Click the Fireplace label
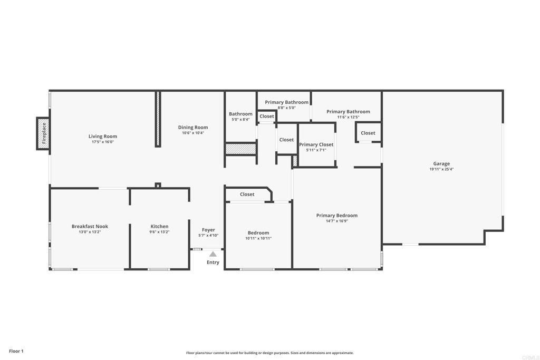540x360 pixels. [44, 133]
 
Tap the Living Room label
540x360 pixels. [103, 137]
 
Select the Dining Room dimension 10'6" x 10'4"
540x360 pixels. [193, 133]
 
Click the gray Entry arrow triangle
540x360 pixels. [213, 254]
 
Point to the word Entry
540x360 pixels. [213, 262]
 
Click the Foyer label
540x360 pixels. [208, 230]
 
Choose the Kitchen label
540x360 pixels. [159, 226]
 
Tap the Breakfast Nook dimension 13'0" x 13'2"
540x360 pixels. [90, 232]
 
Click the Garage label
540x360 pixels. [441, 164]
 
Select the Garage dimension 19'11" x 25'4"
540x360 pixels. [441, 169]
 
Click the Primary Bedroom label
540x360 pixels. [337, 216]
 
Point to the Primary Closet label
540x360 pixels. [316, 144]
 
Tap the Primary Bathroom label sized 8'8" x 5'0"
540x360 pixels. [286, 102]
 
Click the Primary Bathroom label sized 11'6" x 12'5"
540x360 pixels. [348, 112]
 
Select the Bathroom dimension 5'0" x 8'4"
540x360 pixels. [240, 120]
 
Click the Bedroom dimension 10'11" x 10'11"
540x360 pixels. [258, 238]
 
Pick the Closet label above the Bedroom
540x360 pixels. [247, 194]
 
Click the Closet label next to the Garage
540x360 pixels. [368, 133]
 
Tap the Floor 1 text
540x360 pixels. [16, 351]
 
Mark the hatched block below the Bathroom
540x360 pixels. [240, 149]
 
